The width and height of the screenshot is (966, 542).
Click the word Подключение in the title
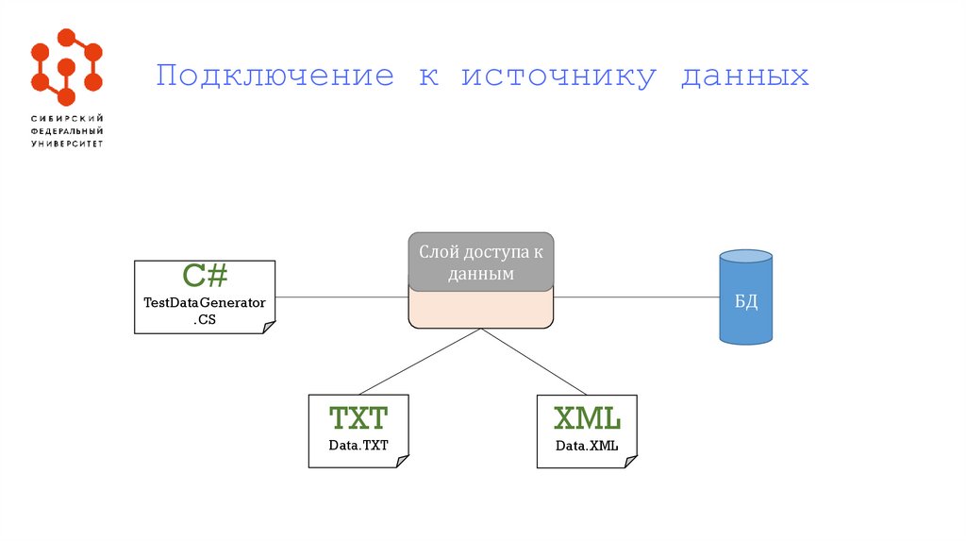(274, 76)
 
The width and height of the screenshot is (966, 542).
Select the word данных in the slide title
(744, 76)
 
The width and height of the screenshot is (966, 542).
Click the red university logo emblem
(66, 67)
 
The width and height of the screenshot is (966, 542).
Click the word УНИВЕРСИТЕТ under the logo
(67, 144)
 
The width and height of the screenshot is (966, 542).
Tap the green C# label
(205, 277)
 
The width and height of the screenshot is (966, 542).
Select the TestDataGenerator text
(205, 303)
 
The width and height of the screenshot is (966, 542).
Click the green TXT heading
(358, 418)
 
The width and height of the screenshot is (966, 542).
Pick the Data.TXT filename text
(358, 445)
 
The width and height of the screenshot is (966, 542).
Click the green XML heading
(586, 418)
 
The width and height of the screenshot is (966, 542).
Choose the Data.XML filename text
(586, 445)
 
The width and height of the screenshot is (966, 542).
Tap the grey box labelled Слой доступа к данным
(481, 262)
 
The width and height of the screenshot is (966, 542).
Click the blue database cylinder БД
(745, 296)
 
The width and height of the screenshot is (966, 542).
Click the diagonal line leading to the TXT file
(420, 361)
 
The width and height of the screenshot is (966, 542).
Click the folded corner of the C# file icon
(269, 327)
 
